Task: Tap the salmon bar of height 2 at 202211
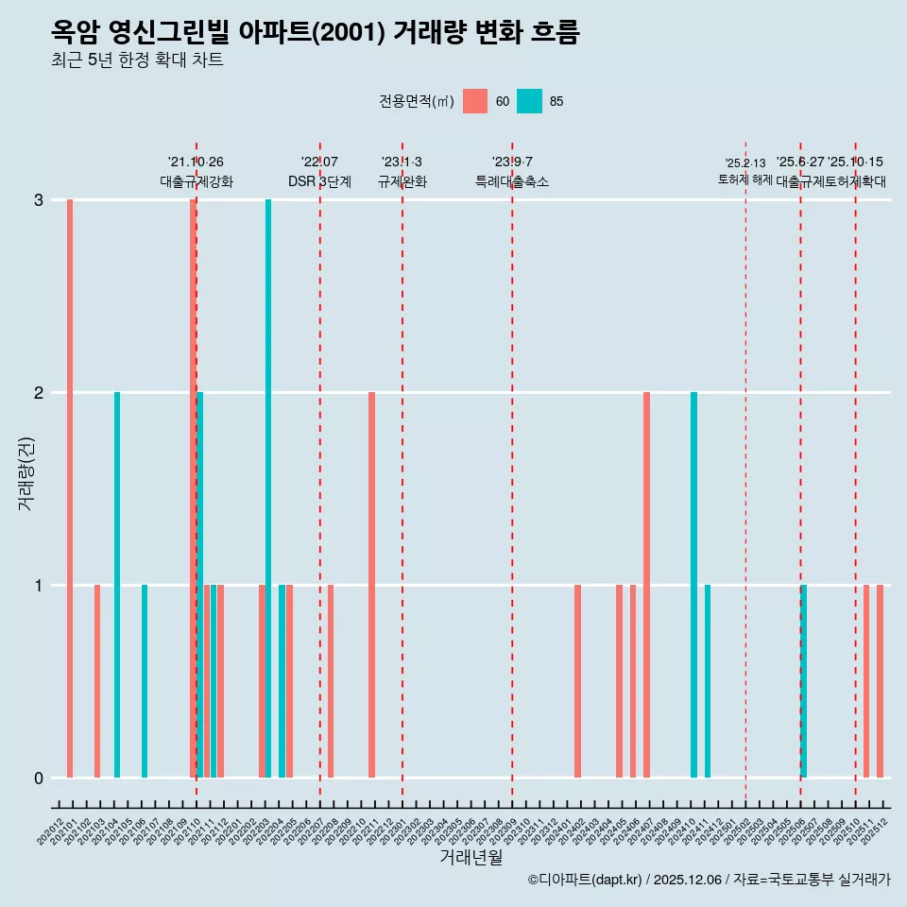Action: pyautogui.click(x=371, y=585)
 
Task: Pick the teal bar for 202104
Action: pyautogui.click(x=117, y=585)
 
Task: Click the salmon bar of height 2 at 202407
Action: pyautogui.click(x=646, y=585)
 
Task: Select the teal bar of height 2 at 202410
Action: pyautogui.click(x=693, y=585)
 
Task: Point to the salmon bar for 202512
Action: pyautogui.click(x=880, y=681)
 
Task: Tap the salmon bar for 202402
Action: pyautogui.click(x=577, y=681)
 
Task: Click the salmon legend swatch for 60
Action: pyautogui.click(x=475, y=101)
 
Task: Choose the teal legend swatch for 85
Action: pyautogui.click(x=529, y=101)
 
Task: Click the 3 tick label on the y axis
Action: pyautogui.click(x=39, y=199)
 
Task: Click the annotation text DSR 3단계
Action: pyautogui.click(x=319, y=181)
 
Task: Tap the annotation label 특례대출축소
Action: pyautogui.click(x=511, y=181)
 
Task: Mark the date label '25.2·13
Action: pyautogui.click(x=745, y=163)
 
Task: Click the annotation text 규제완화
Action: pyautogui.click(x=402, y=181)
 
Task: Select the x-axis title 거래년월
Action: pyautogui.click(x=471, y=858)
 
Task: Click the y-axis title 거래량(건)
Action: pyautogui.click(x=26, y=473)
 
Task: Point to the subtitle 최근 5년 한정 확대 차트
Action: pyautogui.click(x=138, y=60)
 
